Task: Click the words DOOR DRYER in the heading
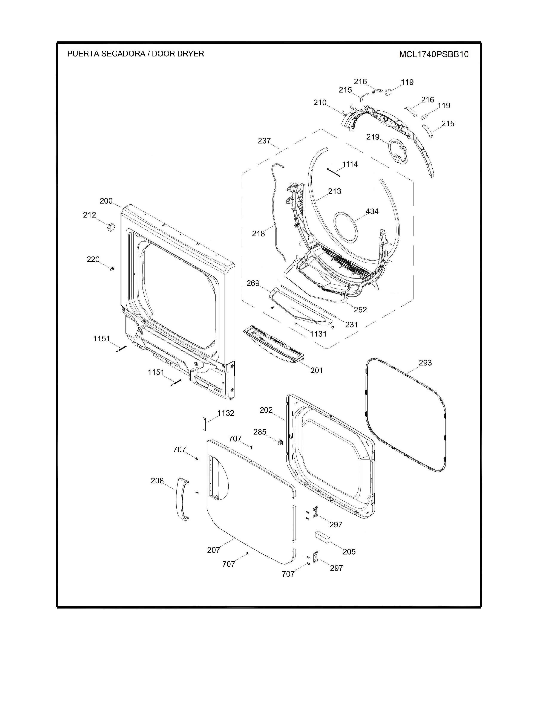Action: [178, 53]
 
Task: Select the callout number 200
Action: [106, 201]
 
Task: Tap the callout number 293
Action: [425, 363]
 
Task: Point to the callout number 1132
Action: [226, 413]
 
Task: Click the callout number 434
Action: [372, 211]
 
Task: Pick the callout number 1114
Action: [350, 164]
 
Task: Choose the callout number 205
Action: [349, 552]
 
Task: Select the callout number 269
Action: [253, 283]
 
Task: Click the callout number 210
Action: [320, 102]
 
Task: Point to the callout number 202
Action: [266, 410]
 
